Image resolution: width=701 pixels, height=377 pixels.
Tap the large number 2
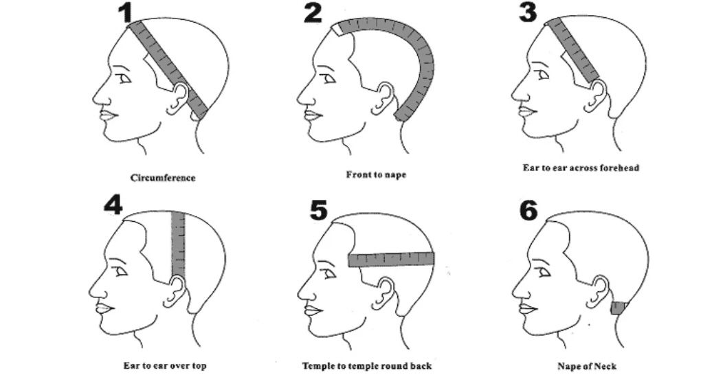coord(313,13)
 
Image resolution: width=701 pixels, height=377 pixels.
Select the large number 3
coord(527,12)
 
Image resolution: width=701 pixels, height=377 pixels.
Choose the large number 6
coord(528,209)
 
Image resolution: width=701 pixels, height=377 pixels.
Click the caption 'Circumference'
coord(163,178)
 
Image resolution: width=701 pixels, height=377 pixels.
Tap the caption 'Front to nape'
coord(376,175)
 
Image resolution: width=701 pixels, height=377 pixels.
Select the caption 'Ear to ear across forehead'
coord(581,168)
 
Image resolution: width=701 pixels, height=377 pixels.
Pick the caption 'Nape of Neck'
coord(586,366)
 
